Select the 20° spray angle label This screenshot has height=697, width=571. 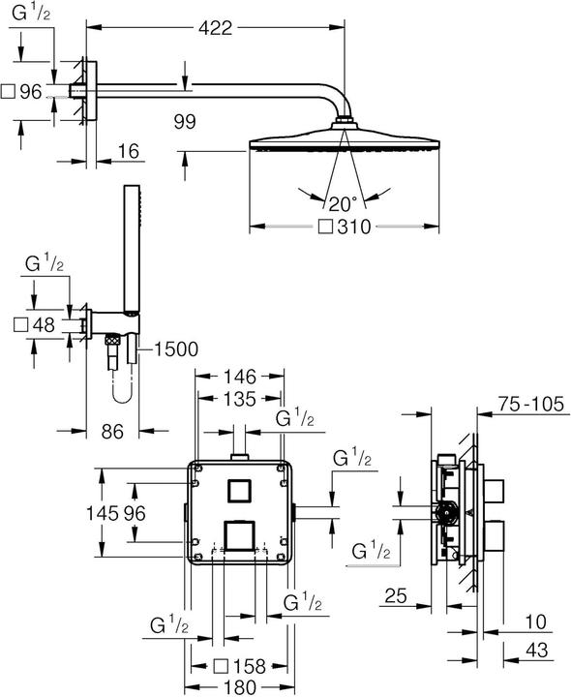(343, 203)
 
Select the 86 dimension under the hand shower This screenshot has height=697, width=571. (113, 433)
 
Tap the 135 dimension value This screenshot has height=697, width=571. (239, 399)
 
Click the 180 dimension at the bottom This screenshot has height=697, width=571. (239, 685)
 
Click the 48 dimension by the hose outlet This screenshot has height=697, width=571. (43, 325)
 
